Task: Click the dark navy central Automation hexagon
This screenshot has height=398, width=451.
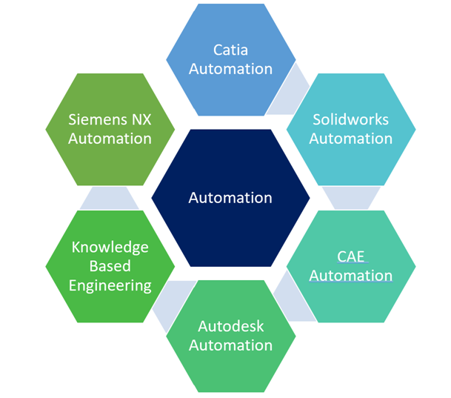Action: [x=230, y=198]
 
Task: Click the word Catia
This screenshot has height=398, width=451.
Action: [x=231, y=50]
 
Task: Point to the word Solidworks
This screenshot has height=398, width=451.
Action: [x=350, y=119]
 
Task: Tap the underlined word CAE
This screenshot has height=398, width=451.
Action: [x=350, y=256]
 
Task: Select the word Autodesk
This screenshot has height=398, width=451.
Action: [x=231, y=326]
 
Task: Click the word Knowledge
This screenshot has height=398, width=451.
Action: [x=110, y=247]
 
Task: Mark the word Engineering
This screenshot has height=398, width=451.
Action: [x=110, y=285]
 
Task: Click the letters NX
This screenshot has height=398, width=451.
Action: [x=139, y=119]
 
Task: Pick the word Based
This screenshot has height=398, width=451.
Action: [x=110, y=266]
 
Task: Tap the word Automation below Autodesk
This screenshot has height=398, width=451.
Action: [x=231, y=345]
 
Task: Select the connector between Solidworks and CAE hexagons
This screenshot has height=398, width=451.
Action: [x=350, y=197]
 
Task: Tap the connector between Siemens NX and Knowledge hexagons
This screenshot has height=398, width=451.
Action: [x=110, y=197]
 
